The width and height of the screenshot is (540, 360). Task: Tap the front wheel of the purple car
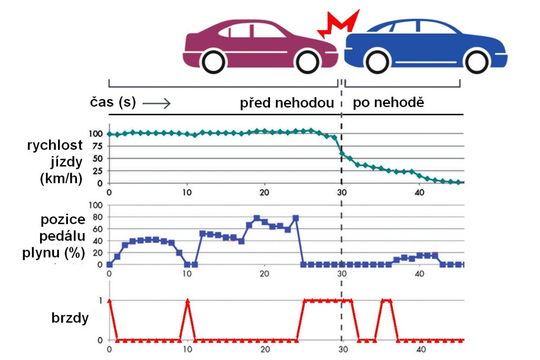tap(307, 61)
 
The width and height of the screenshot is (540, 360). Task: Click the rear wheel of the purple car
tap(214, 61)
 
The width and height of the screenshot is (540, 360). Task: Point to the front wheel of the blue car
tap(478, 61)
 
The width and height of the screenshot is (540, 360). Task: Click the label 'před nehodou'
tap(287, 103)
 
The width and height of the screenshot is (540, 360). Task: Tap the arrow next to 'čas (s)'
tap(156, 103)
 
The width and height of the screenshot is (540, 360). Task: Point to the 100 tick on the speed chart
tap(94, 134)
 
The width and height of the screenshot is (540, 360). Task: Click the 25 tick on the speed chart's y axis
tap(96, 171)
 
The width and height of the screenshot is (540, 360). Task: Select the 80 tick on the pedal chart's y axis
tap(96, 217)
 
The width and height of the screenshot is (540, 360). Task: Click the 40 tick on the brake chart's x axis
tap(420, 349)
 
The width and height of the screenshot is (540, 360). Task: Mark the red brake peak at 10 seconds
tap(187, 300)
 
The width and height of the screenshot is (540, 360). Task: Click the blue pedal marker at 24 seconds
tap(295, 218)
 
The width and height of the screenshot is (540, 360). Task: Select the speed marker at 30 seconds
tap(342, 154)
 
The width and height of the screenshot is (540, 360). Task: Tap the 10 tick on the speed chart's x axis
tap(187, 192)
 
